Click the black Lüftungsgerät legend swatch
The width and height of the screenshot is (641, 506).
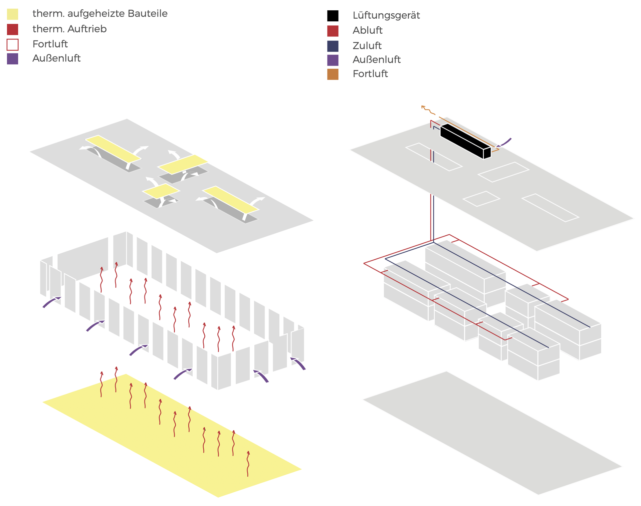(333, 16)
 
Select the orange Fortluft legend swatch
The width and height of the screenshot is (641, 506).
(333, 74)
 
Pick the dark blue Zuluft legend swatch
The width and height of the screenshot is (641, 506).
(333, 46)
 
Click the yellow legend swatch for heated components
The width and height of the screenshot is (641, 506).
(13, 14)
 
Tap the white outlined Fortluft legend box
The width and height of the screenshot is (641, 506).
(13, 44)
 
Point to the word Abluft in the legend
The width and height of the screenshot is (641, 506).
(367, 30)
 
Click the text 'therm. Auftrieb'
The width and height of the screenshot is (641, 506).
(69, 29)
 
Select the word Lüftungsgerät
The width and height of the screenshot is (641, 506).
(386, 15)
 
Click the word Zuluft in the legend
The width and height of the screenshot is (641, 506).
(367, 46)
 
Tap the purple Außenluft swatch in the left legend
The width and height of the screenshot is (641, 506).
(13, 59)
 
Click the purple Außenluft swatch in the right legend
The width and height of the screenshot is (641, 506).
(333, 60)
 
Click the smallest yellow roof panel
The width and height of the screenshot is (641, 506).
(161, 191)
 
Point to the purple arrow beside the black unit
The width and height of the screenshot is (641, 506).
(505, 143)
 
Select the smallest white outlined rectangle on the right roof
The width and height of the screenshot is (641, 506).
(481, 199)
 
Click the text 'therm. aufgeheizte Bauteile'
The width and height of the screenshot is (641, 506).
(100, 14)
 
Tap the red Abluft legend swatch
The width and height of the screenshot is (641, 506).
(333, 31)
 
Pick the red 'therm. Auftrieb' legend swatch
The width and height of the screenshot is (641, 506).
(13, 29)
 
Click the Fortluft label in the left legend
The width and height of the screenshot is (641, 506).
(50, 44)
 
